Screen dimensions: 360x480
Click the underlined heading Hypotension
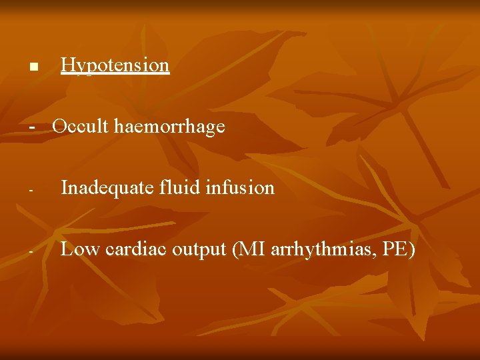point(115,65)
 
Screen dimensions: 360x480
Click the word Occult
point(81,126)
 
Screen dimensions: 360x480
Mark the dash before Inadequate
point(31,191)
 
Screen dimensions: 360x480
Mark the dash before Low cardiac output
point(31,252)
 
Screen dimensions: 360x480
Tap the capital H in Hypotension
point(67,65)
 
